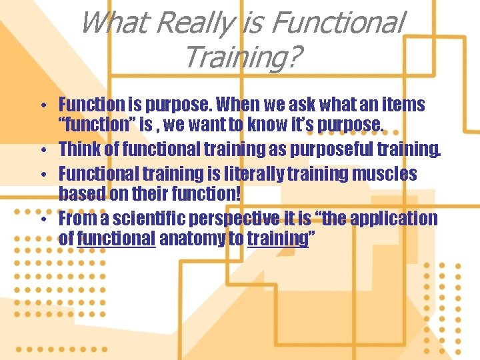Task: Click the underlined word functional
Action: click(116, 238)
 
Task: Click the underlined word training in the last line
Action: click(275, 238)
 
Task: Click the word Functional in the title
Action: click(337, 23)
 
